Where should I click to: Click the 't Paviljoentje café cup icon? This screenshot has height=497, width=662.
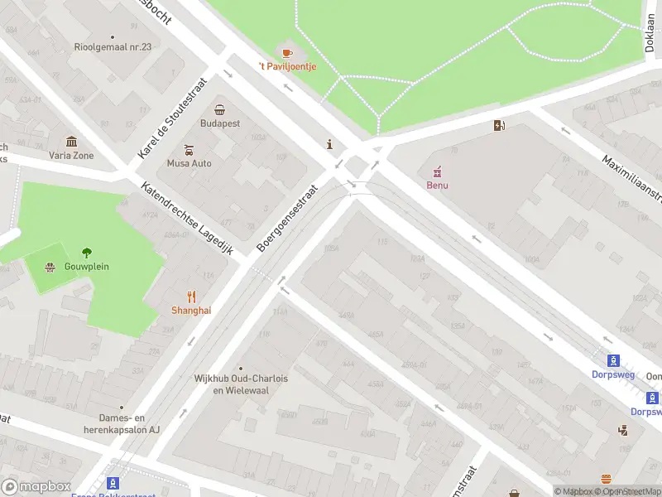coord(287,53)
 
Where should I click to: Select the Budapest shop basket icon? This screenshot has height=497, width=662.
coord(220,109)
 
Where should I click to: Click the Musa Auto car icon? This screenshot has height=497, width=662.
coord(189,150)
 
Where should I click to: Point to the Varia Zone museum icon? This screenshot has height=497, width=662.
coord(71,142)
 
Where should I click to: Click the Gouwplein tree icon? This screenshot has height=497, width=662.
coord(87,253)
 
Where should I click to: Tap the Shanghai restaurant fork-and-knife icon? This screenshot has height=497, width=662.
coord(191,296)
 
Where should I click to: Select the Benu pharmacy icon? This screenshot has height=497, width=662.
coord(437,171)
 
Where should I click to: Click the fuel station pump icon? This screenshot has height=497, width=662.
coord(499,126)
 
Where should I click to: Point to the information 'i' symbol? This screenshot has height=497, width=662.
coord(330,144)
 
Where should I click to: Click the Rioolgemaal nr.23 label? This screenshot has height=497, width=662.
coord(113,47)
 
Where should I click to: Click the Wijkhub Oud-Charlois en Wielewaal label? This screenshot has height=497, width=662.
coord(241,384)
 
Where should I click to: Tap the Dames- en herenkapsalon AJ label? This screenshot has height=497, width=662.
coord(120,424)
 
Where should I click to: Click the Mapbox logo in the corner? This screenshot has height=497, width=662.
coord(35,486)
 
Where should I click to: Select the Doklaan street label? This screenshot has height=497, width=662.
coord(650,36)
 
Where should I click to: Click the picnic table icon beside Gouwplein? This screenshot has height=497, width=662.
coord(50,267)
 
